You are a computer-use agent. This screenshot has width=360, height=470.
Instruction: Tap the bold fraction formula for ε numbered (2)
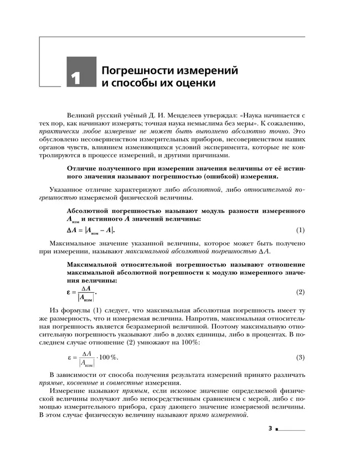(81, 292)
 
